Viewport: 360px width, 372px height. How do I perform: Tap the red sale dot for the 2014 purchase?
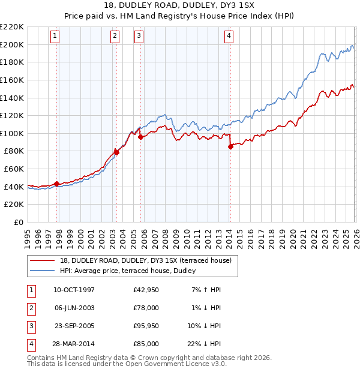click(x=230, y=146)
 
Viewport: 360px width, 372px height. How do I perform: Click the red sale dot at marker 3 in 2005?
click(x=140, y=137)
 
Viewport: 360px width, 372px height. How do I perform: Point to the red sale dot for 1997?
click(x=56, y=184)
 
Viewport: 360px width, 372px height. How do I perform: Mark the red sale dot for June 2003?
click(x=116, y=152)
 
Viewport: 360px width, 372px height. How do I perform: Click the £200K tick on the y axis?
click(x=12, y=44)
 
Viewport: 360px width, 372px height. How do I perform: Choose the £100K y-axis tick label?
click(x=12, y=133)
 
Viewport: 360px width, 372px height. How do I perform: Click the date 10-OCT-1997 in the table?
click(x=74, y=290)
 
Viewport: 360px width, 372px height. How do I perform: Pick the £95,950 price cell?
click(x=146, y=327)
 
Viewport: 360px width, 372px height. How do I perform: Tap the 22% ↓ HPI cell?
click(x=203, y=344)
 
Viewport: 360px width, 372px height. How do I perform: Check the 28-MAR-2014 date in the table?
click(x=74, y=344)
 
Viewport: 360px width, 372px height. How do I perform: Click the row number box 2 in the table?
click(x=30, y=308)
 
